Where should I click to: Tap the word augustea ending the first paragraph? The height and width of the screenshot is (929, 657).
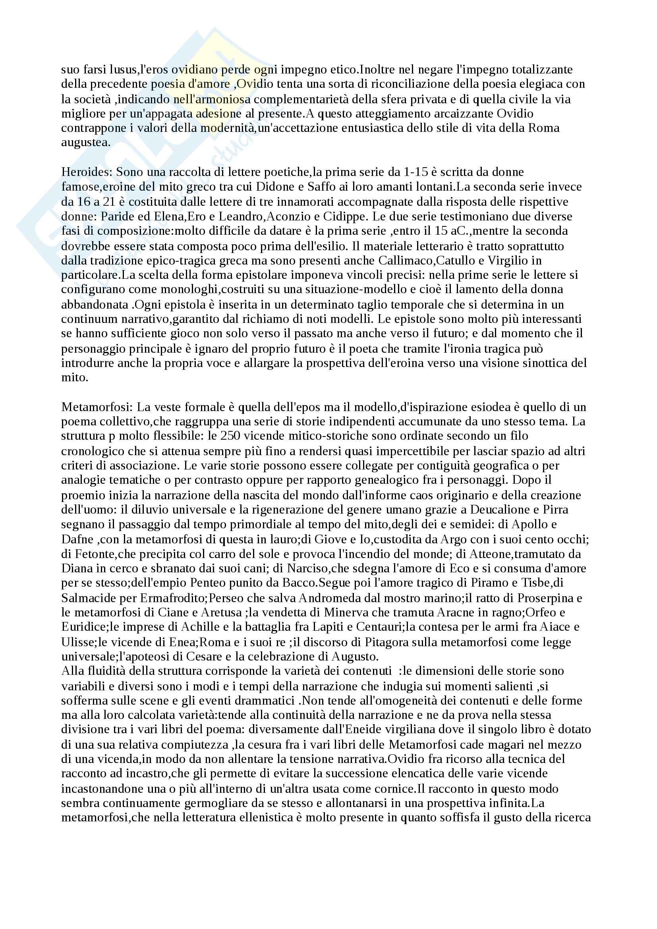click(x=85, y=143)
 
